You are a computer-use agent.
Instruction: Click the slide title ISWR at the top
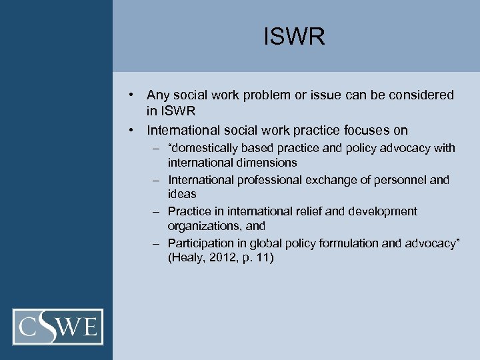(x=294, y=37)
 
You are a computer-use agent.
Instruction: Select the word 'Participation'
(x=201, y=243)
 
